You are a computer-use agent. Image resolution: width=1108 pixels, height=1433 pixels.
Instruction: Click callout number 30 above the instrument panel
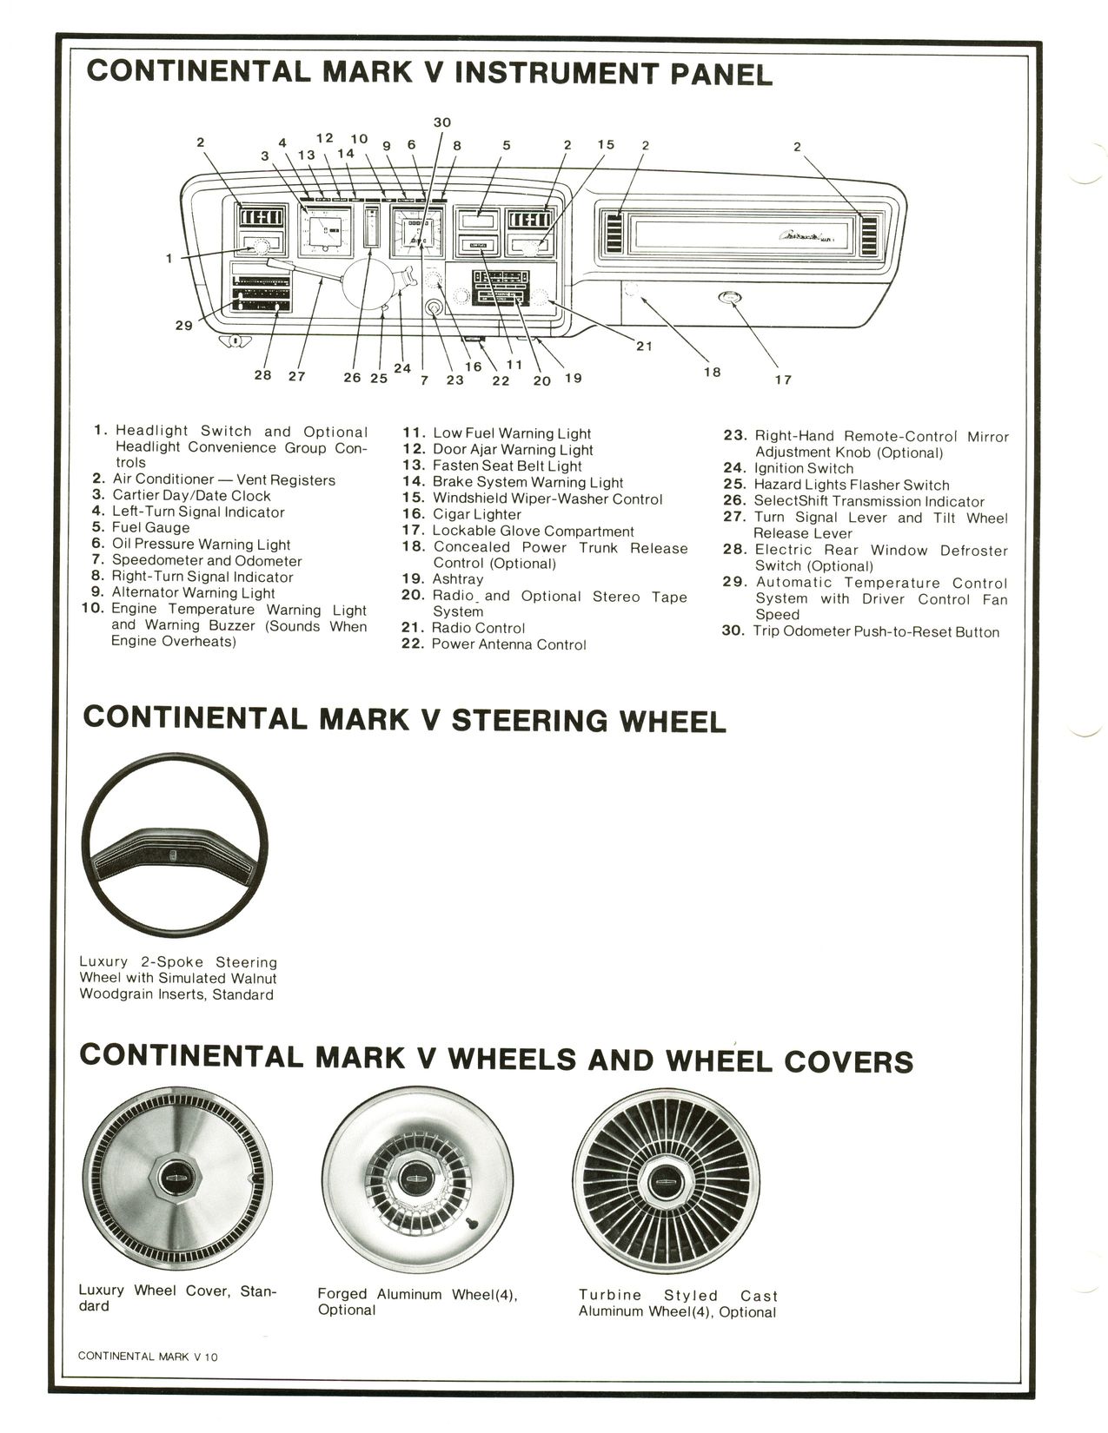pyautogui.click(x=441, y=122)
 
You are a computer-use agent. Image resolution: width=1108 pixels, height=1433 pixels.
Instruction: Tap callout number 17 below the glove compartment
pyautogui.click(x=783, y=380)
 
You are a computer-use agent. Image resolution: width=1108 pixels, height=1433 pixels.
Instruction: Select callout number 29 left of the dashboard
pyautogui.click(x=183, y=326)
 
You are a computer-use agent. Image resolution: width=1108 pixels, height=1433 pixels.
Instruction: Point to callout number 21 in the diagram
pyautogui.click(x=643, y=346)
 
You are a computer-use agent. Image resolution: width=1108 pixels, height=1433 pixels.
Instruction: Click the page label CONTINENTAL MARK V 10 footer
pyautogui.click(x=148, y=1356)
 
